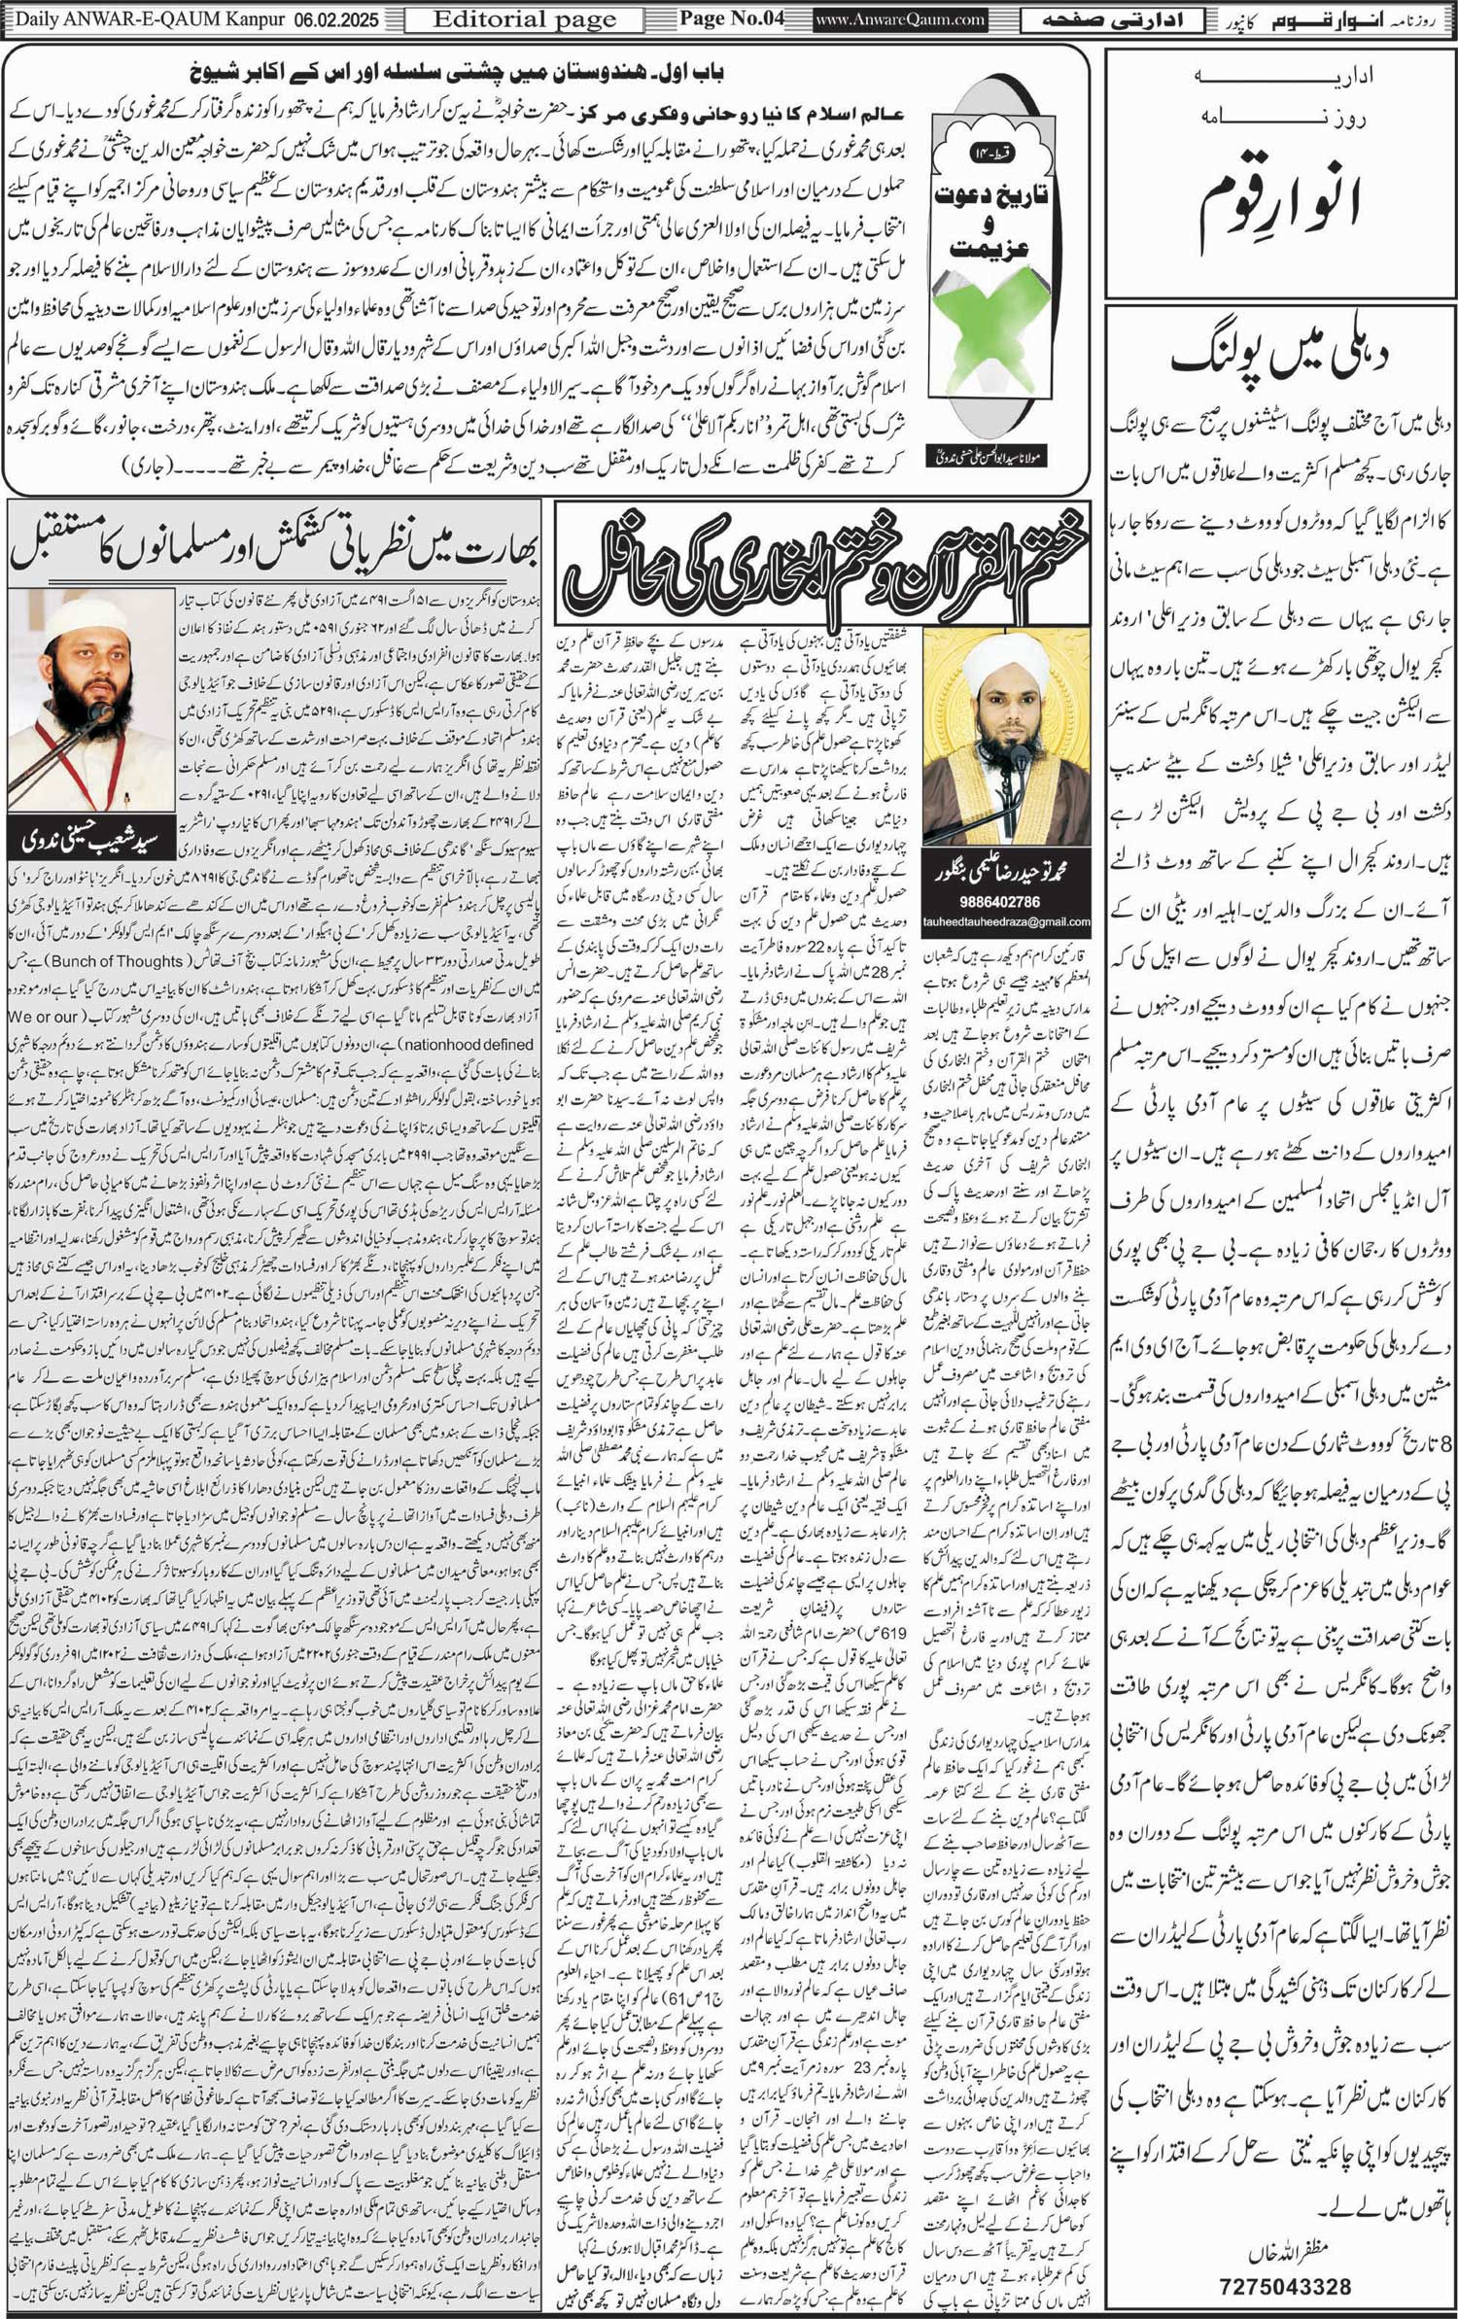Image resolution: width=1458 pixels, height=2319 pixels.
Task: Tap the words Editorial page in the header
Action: click(x=525, y=19)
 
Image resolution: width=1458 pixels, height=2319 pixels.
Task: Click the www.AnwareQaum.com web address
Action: click(x=900, y=19)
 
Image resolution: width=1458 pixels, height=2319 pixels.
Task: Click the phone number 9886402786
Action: click(x=1005, y=901)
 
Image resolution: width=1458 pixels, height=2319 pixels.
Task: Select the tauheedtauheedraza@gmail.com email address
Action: click(x=1005, y=921)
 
